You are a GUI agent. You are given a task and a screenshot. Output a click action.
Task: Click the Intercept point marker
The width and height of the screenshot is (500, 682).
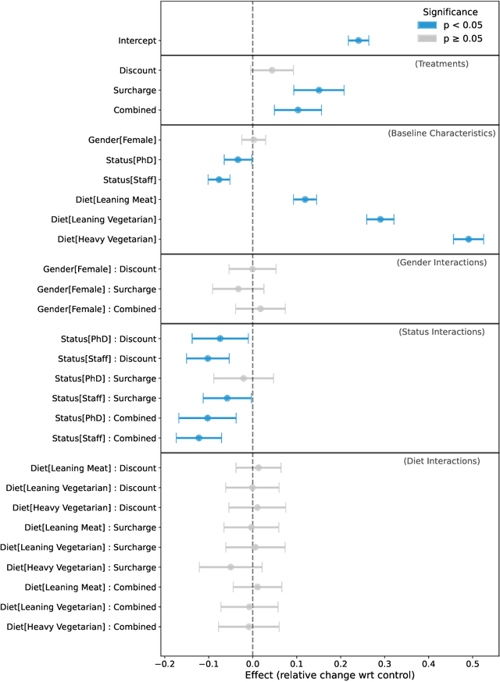pos(359,41)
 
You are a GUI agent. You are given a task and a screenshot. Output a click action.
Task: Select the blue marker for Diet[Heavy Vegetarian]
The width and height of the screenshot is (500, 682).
pos(469,239)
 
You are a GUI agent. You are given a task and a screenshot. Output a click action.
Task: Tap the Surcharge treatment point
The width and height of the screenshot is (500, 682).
pos(319,90)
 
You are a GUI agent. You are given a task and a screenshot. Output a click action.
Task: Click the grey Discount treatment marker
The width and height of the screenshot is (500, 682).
pos(272,70)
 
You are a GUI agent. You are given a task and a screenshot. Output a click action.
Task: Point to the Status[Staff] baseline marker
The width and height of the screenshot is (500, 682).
pos(219,179)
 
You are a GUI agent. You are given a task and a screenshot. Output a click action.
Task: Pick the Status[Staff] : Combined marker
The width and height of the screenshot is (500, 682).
pos(198,438)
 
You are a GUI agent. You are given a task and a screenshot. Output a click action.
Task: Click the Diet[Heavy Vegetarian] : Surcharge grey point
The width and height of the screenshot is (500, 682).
pos(230,567)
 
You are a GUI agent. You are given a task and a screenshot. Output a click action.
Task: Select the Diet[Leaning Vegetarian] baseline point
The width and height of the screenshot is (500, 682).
pos(380,219)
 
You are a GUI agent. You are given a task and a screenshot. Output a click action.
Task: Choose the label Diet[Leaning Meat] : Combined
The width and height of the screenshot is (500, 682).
pos(91,587)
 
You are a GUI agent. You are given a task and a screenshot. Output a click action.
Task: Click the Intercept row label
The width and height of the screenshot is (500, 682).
pos(135,41)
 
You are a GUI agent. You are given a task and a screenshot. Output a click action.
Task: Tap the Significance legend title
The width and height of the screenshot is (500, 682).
pos(452,11)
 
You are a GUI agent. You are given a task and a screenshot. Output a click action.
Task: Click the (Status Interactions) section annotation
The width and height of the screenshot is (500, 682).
pos(441,332)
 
